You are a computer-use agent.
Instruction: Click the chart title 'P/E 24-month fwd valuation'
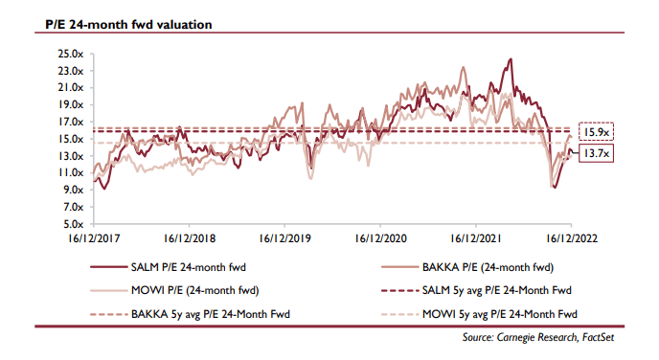coord(128,24)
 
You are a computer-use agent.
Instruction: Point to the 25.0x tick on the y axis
coord(71,54)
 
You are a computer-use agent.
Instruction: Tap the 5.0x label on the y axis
coord(74,224)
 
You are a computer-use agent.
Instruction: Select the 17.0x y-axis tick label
coord(71,122)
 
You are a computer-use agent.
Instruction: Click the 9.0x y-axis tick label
coord(74,190)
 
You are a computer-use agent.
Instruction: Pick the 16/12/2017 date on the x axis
coord(94,238)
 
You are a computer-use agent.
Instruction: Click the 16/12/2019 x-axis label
coord(284,238)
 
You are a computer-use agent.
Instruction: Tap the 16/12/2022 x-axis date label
coord(572,238)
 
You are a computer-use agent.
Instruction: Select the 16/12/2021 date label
coord(476,238)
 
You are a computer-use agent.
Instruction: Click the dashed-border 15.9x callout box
coord(596,132)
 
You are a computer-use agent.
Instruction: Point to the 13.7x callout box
coord(596,153)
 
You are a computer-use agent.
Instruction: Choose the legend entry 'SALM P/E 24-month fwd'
coord(169,267)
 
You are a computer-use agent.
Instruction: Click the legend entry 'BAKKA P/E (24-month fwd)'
coord(467,267)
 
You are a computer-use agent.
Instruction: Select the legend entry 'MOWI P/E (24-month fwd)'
coord(174,290)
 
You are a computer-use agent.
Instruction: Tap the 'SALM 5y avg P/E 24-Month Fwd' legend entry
coord(476,290)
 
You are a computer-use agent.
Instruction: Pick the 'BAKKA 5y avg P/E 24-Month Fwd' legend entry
coord(190,314)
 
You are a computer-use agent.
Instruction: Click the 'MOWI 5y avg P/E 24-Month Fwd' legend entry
coord(479,314)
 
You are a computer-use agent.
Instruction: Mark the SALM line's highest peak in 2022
coord(511,59)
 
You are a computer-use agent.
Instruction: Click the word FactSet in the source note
coord(598,337)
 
